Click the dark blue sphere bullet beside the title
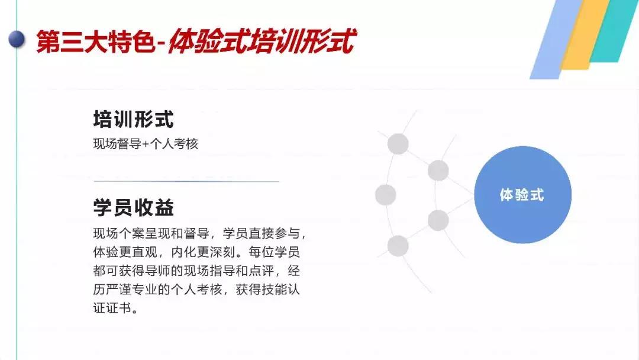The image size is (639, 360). click(17, 39)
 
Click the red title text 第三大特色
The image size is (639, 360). click(95, 41)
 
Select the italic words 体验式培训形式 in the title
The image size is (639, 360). click(262, 41)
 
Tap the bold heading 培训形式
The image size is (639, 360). click(133, 120)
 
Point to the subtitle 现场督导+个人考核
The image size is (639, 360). click(146, 143)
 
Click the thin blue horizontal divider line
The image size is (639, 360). click(186, 181)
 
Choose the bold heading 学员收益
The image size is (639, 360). click(133, 207)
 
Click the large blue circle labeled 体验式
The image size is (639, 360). click(523, 194)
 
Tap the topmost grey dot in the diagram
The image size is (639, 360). click(398, 144)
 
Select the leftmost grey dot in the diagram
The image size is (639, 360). click(386, 194)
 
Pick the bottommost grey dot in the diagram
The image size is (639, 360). click(398, 246)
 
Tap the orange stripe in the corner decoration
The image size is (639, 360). click(586, 35)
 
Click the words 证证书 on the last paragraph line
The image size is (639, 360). click(112, 308)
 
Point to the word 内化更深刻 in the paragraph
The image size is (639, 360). click(203, 252)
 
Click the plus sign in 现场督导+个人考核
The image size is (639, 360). click(146, 144)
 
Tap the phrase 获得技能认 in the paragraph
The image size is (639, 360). click(267, 290)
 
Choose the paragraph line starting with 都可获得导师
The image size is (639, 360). click(196, 271)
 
